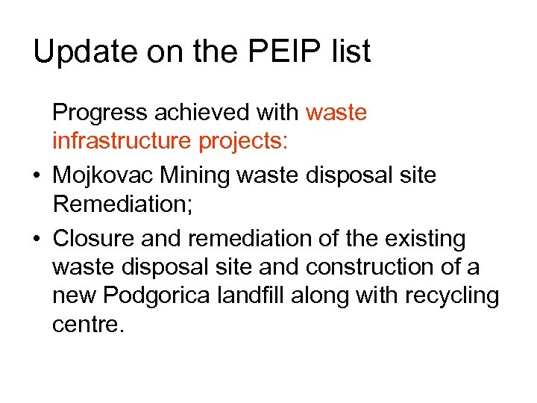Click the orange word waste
(336, 113)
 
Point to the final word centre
(87, 325)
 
